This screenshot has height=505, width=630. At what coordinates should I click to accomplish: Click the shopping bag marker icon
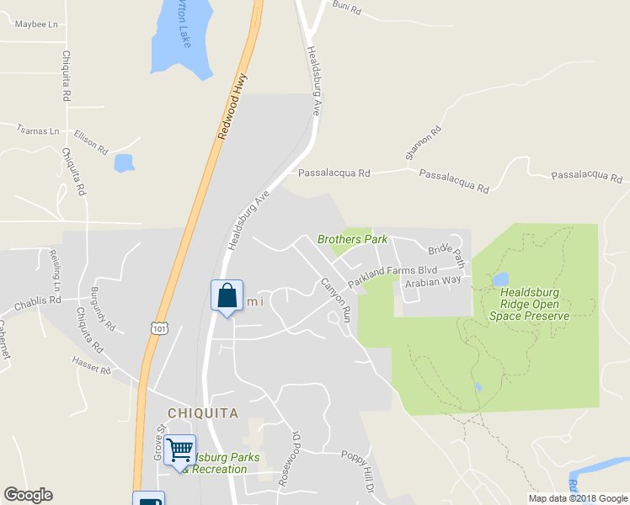(227, 296)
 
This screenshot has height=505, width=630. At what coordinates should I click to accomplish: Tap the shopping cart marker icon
(179, 450)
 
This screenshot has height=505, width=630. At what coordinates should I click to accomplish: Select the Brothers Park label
(352, 239)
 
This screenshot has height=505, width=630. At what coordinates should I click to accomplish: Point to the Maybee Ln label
(37, 24)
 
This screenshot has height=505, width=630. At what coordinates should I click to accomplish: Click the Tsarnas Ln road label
(39, 131)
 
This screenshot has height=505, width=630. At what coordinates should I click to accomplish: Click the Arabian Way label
(433, 282)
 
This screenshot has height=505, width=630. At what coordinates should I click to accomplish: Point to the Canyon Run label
(335, 300)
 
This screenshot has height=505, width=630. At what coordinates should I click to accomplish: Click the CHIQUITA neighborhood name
(203, 413)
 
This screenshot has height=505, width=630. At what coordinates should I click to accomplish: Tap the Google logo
(28, 495)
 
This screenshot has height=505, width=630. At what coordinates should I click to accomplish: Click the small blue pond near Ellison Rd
(124, 162)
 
